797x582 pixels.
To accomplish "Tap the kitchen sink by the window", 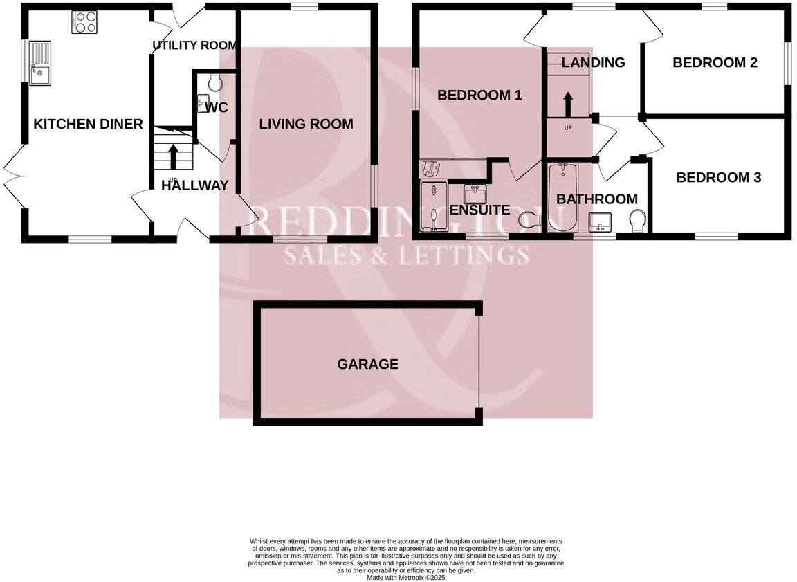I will click(40, 63).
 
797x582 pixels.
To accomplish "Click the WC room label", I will click(217, 108).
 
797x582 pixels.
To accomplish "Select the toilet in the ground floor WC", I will click(214, 84).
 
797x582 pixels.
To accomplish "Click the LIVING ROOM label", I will click(306, 125).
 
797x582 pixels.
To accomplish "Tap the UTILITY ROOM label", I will click(194, 46).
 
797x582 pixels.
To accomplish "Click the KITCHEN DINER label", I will click(88, 125).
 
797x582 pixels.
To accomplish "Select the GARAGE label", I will click(367, 364).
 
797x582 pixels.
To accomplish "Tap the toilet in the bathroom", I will click(639, 221).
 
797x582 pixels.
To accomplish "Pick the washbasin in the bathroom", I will click(600, 222).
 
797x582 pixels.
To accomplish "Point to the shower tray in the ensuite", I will click(433, 206).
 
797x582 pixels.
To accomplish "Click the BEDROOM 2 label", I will click(715, 63).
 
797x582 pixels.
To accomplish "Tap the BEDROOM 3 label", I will click(718, 178).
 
